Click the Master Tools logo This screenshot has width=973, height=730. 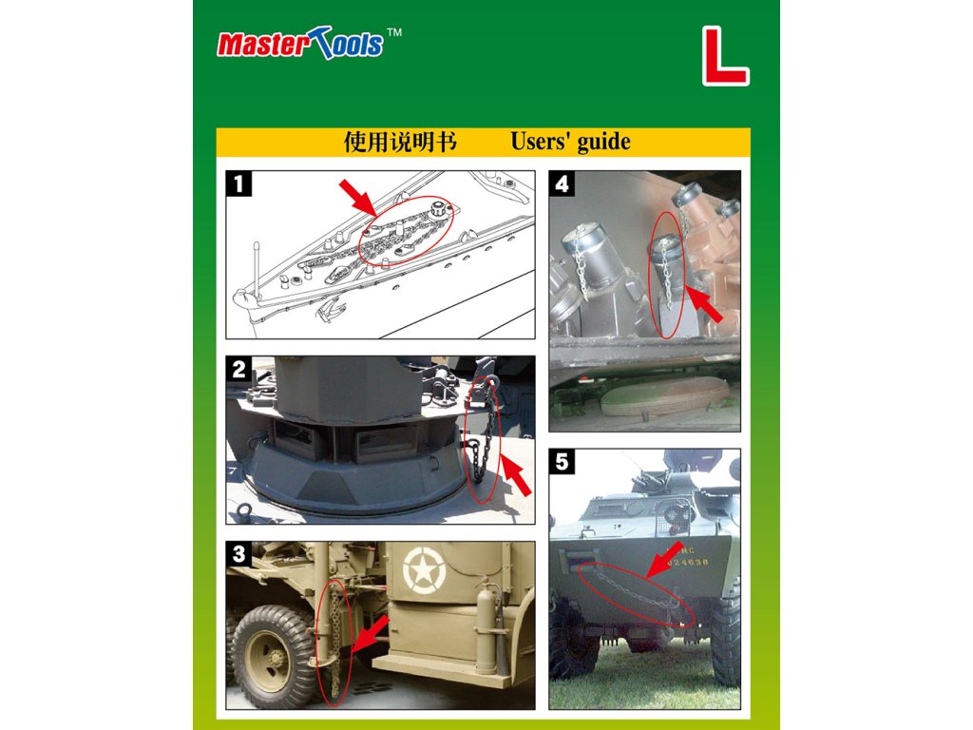coord(300,44)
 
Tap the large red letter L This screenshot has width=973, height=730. coord(725,56)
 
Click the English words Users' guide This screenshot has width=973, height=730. coord(570,143)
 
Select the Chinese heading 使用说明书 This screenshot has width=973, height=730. coord(400,143)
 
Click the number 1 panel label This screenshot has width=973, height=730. coord(238,183)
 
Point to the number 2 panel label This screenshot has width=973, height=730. coord(238,369)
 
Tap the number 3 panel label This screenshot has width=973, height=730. coord(238,554)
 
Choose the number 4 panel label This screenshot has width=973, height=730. coord(563,183)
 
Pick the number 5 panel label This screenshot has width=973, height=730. coord(563,462)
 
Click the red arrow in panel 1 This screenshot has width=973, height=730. coord(358,197)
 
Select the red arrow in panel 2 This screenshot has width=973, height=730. coord(516,475)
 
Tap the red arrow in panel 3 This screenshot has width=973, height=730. coord(370,633)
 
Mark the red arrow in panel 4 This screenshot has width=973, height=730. coord(705,303)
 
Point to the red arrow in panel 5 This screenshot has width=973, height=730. coord(664,559)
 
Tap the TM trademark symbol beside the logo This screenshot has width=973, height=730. coord(394,32)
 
